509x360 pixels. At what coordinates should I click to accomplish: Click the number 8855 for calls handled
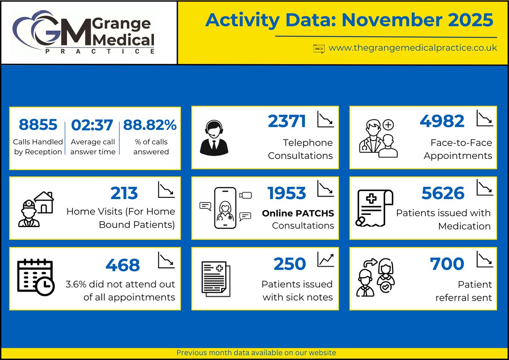(x=38, y=125)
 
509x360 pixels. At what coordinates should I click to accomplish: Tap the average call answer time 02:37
(x=92, y=125)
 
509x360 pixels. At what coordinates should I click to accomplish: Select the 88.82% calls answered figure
(x=150, y=125)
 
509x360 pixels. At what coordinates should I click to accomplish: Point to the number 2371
(x=287, y=121)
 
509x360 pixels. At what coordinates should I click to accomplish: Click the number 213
(x=124, y=193)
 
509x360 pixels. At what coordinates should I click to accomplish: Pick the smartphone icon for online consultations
(x=225, y=208)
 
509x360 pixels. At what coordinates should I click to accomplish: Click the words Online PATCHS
(x=298, y=213)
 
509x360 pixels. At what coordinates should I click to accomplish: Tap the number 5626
(x=443, y=193)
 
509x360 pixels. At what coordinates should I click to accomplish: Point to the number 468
(x=123, y=265)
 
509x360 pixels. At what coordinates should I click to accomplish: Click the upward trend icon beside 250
(x=325, y=259)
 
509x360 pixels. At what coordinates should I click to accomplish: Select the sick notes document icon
(x=215, y=278)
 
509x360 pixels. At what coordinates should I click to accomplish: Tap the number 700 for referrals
(x=447, y=264)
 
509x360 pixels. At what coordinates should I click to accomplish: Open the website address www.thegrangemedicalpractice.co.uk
(x=412, y=48)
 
